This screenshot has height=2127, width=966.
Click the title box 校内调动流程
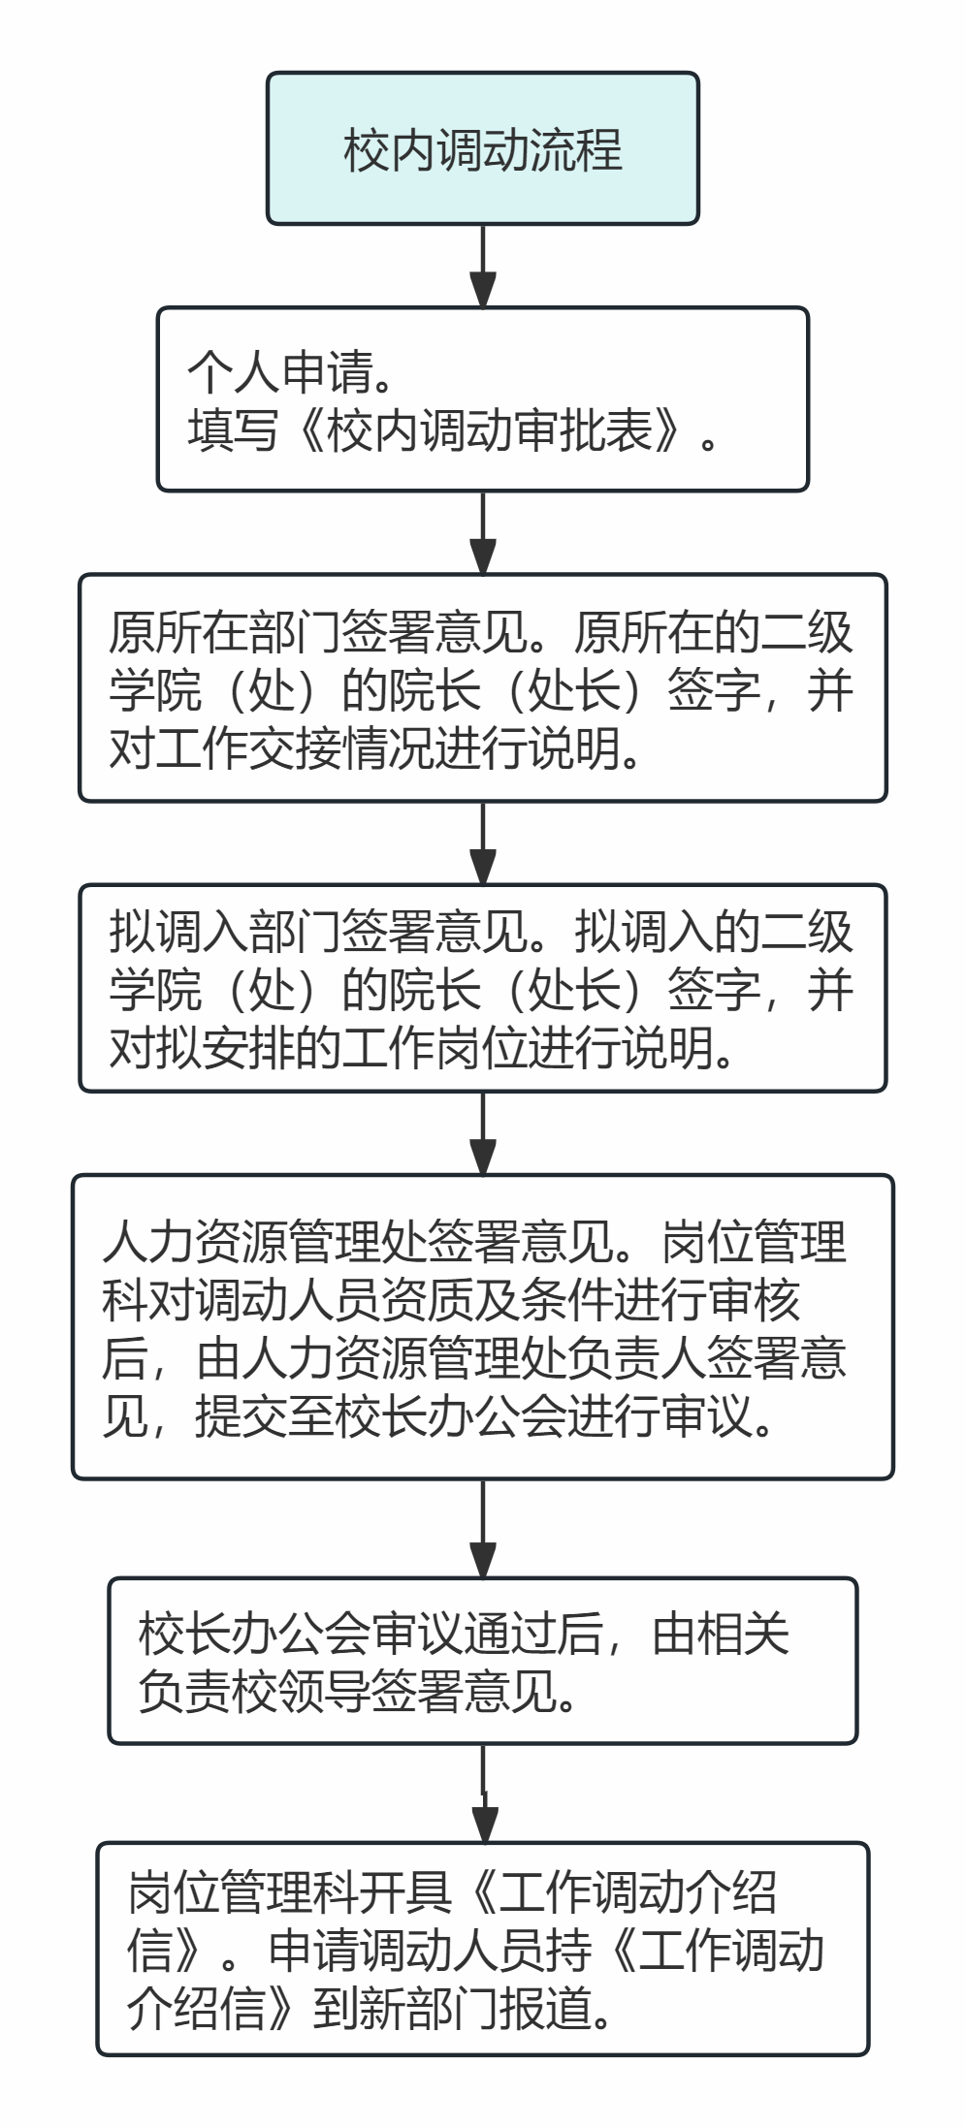tap(483, 148)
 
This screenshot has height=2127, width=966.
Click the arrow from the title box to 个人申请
tap(483, 267)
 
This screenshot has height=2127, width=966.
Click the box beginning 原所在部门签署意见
tap(483, 688)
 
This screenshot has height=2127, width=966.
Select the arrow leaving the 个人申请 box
tap(483, 532)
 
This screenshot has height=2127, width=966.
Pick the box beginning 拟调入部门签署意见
tap(483, 988)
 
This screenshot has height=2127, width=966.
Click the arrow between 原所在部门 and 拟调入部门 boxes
tap(483, 842)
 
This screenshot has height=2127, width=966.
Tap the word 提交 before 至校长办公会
tap(241, 1417)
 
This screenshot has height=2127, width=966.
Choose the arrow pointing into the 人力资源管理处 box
tap(483, 1133)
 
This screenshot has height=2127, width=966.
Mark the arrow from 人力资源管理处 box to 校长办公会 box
tap(483, 1529)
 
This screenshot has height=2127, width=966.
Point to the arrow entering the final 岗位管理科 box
tap(483, 1794)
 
